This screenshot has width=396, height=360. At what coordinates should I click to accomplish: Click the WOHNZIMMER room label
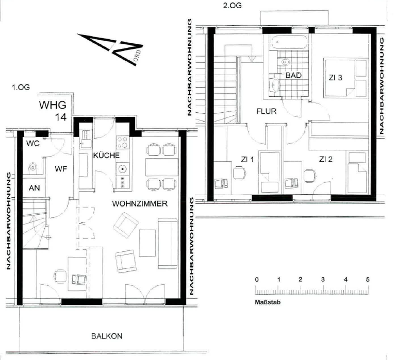point(140,203)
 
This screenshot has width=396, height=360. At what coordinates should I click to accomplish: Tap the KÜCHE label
point(106,155)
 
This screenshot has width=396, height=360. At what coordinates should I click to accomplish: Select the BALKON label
point(107,336)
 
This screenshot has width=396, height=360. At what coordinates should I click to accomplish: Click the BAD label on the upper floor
point(293,75)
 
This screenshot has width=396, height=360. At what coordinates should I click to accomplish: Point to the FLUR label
point(266,111)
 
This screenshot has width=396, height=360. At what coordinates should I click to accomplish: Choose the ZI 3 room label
point(335,77)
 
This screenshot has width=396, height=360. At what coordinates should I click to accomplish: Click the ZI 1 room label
point(247,160)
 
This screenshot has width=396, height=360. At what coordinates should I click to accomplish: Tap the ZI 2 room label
point(326,159)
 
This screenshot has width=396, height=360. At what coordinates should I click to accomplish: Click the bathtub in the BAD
point(289,42)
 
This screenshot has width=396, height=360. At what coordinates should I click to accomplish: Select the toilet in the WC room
point(33,168)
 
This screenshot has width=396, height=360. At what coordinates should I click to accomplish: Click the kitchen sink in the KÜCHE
point(86,139)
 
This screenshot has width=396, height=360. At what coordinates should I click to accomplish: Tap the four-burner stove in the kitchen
point(123,142)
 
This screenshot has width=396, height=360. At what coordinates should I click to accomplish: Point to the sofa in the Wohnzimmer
point(168,244)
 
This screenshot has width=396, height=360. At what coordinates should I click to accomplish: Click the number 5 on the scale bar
point(368,280)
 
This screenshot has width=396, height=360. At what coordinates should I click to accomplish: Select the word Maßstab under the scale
point(268,302)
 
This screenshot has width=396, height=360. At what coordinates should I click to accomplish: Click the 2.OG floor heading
point(232,5)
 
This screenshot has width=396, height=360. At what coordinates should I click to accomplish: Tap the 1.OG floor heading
point(21,87)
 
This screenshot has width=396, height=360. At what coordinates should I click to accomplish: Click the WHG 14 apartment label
point(53,111)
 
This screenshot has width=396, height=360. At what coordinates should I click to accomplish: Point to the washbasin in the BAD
point(274,85)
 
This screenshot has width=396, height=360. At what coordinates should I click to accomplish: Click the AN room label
point(35,188)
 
